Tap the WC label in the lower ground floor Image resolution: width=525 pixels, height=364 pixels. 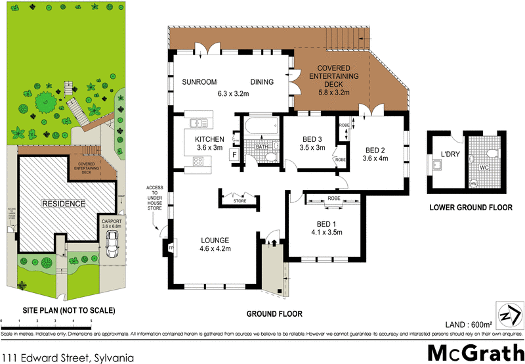(x=485, y=168)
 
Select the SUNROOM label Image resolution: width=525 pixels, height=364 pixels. (x=201, y=82)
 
